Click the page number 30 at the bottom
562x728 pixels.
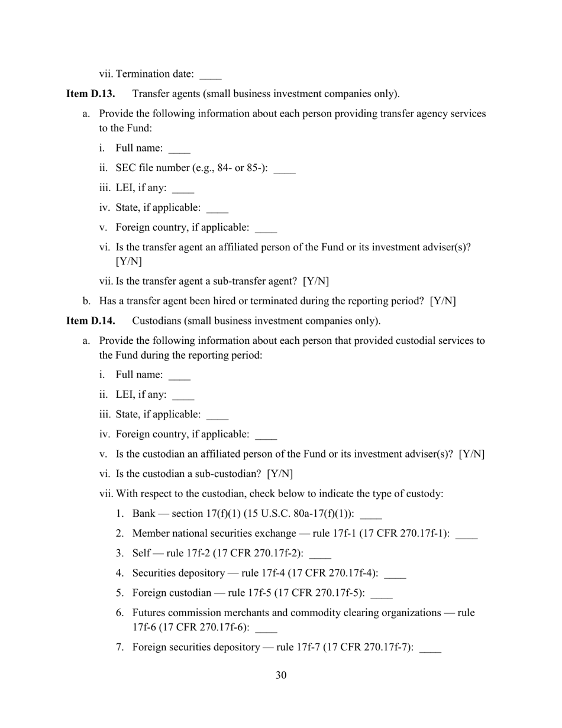click(281, 675)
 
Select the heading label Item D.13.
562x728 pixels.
click(91, 94)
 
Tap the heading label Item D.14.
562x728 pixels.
click(91, 321)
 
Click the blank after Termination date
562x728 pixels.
click(211, 76)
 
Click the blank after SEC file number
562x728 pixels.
click(285, 170)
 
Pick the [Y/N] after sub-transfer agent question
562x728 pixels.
click(316, 281)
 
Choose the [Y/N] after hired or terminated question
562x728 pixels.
click(443, 301)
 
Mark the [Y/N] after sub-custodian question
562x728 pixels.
click(280, 473)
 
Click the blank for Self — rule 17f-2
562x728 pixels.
click(320, 555)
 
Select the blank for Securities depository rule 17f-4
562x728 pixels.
click(395, 574)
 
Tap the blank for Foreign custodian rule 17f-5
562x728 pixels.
click(382, 594)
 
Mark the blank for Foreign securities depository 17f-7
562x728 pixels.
click(430, 649)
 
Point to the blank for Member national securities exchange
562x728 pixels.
click(467, 535)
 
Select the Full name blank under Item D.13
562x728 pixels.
click(179, 150)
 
